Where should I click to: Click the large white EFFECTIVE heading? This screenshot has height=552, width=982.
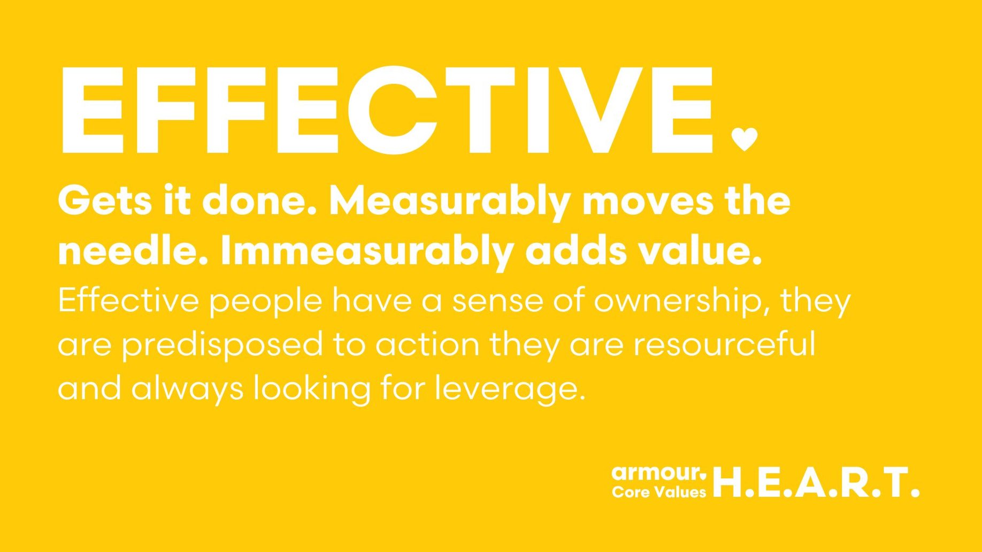386,110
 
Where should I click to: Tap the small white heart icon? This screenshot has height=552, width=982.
745,139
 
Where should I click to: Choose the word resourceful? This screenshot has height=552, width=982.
725,344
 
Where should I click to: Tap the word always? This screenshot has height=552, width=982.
187,389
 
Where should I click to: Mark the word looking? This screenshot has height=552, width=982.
312,389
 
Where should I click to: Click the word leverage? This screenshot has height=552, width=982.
510,389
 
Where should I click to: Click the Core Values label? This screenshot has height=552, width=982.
659,492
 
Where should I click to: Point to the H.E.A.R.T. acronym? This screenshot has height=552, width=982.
816,482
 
